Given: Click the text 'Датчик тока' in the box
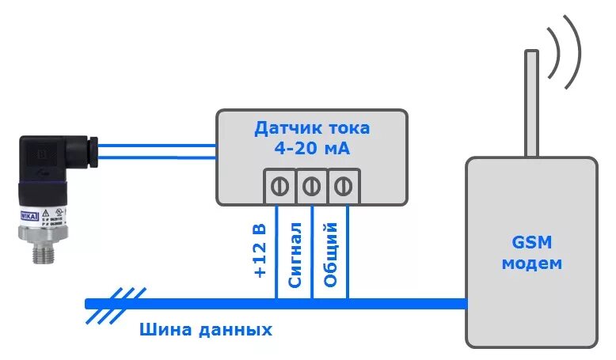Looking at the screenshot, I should tap(312, 128).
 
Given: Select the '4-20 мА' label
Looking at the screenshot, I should tap(312, 148).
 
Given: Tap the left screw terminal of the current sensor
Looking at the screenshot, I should tap(278, 187).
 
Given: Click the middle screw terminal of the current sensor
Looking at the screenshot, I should tap(312, 187).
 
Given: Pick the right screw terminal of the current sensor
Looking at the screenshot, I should tap(344, 187).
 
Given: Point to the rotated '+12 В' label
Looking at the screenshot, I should tap(260, 252).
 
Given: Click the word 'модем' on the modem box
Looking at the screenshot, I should tap(531, 263).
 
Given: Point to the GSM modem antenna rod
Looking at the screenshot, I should tap(531, 103).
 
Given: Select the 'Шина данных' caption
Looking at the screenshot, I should tap(206, 330).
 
